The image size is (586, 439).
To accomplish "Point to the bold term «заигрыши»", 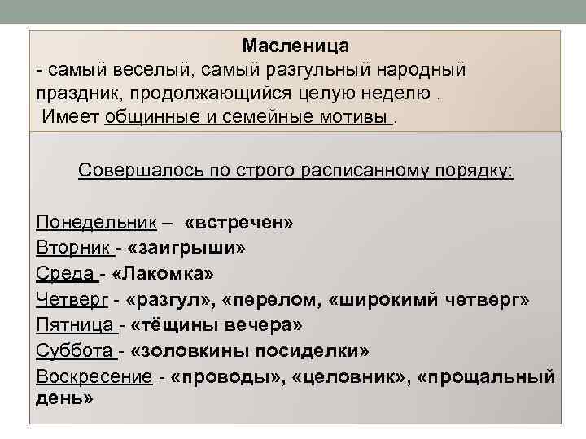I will point(187,247).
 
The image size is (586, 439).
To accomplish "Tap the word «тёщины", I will point(174,325).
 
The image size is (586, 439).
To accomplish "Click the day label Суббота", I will point(74,351).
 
